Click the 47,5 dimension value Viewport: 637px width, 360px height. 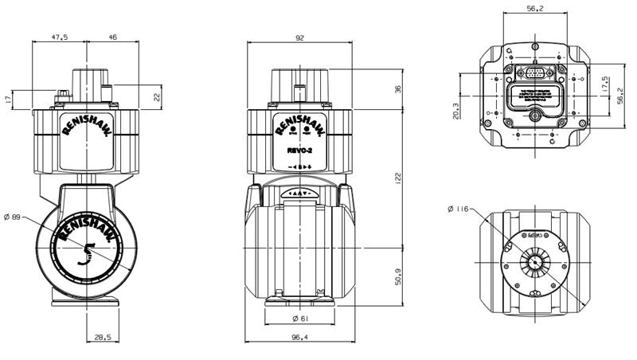[60, 37]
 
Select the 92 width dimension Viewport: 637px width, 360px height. [299, 36]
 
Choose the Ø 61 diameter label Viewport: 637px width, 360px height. [300, 319]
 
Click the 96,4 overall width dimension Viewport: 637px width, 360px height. [300, 338]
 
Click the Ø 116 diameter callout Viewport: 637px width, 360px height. [462, 209]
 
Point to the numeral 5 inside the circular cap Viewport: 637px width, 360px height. [88, 253]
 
